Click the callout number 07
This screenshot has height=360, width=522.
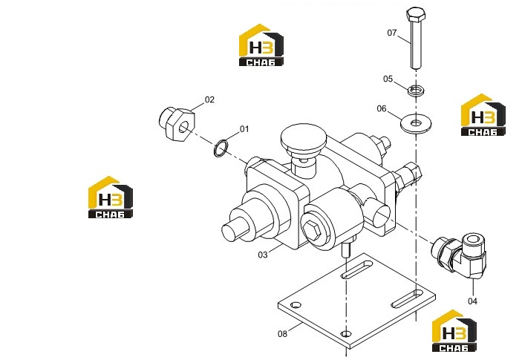(x=392, y=33)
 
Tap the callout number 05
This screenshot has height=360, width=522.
(x=388, y=79)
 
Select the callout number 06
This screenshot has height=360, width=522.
(x=382, y=109)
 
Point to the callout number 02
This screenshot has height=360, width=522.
(x=209, y=99)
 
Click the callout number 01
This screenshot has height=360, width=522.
(x=244, y=129)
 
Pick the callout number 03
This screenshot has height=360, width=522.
(x=263, y=255)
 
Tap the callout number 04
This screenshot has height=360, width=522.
(x=472, y=301)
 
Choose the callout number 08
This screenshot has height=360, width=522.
(x=282, y=334)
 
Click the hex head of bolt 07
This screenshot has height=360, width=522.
(x=416, y=15)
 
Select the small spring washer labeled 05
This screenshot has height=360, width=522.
(x=416, y=90)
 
